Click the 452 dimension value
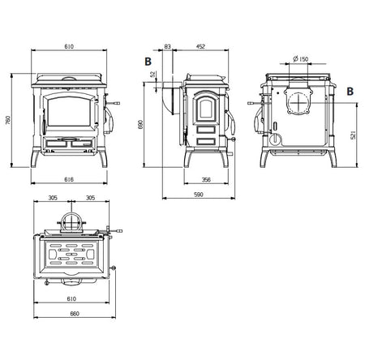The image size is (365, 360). [x=200, y=46]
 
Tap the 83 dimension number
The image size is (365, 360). [x=168, y=46]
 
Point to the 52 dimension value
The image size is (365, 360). [x=153, y=75]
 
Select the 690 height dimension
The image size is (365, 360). [x=140, y=124]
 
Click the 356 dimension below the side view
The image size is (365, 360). [x=206, y=179]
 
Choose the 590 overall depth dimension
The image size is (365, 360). [x=199, y=195]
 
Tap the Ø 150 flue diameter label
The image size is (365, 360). [x=300, y=58]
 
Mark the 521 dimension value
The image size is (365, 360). [x=353, y=135]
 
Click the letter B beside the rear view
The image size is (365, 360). [x=350, y=92]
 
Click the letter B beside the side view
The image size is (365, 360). [x=148, y=62]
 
